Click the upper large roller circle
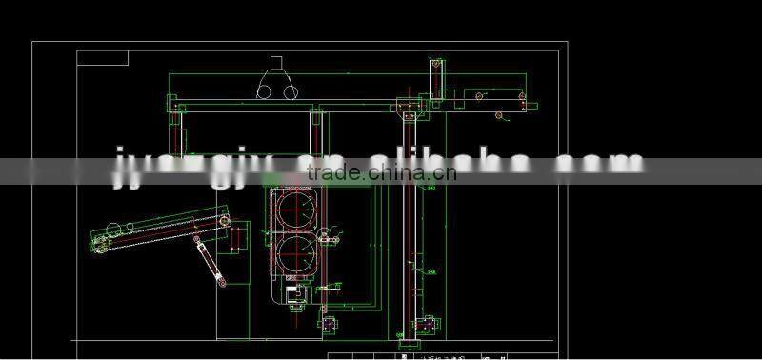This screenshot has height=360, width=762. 296,210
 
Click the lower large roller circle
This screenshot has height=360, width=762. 298,254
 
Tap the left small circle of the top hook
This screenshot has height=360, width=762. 264,91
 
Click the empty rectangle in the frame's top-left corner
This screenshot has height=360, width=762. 102,57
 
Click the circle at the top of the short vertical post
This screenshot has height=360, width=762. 436,64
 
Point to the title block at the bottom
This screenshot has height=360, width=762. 448,354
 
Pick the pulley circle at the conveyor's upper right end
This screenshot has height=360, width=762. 225,221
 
